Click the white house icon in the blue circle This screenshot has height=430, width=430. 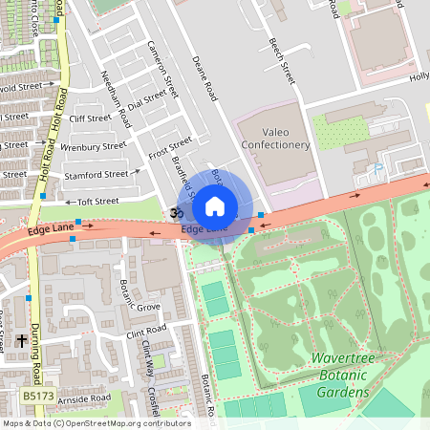(215, 205)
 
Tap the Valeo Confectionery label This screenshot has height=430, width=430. (274, 136)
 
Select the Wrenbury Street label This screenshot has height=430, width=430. (93, 148)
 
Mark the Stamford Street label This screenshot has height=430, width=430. (96, 175)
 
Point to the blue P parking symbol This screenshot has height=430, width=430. (377, 169)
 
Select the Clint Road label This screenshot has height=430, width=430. (146, 331)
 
